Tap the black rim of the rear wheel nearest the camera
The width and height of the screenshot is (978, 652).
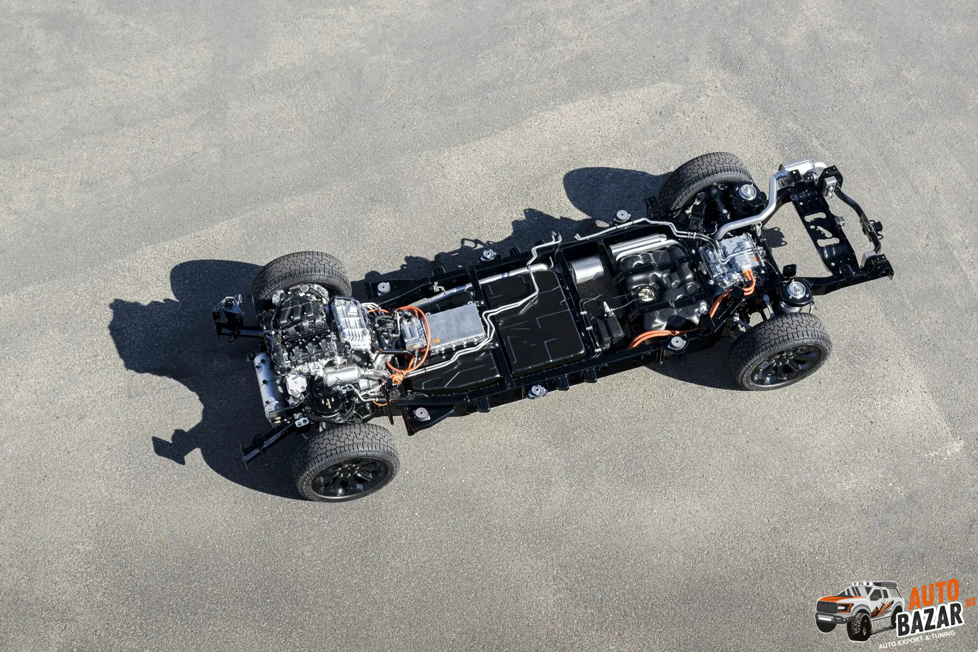(x=787, y=365)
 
